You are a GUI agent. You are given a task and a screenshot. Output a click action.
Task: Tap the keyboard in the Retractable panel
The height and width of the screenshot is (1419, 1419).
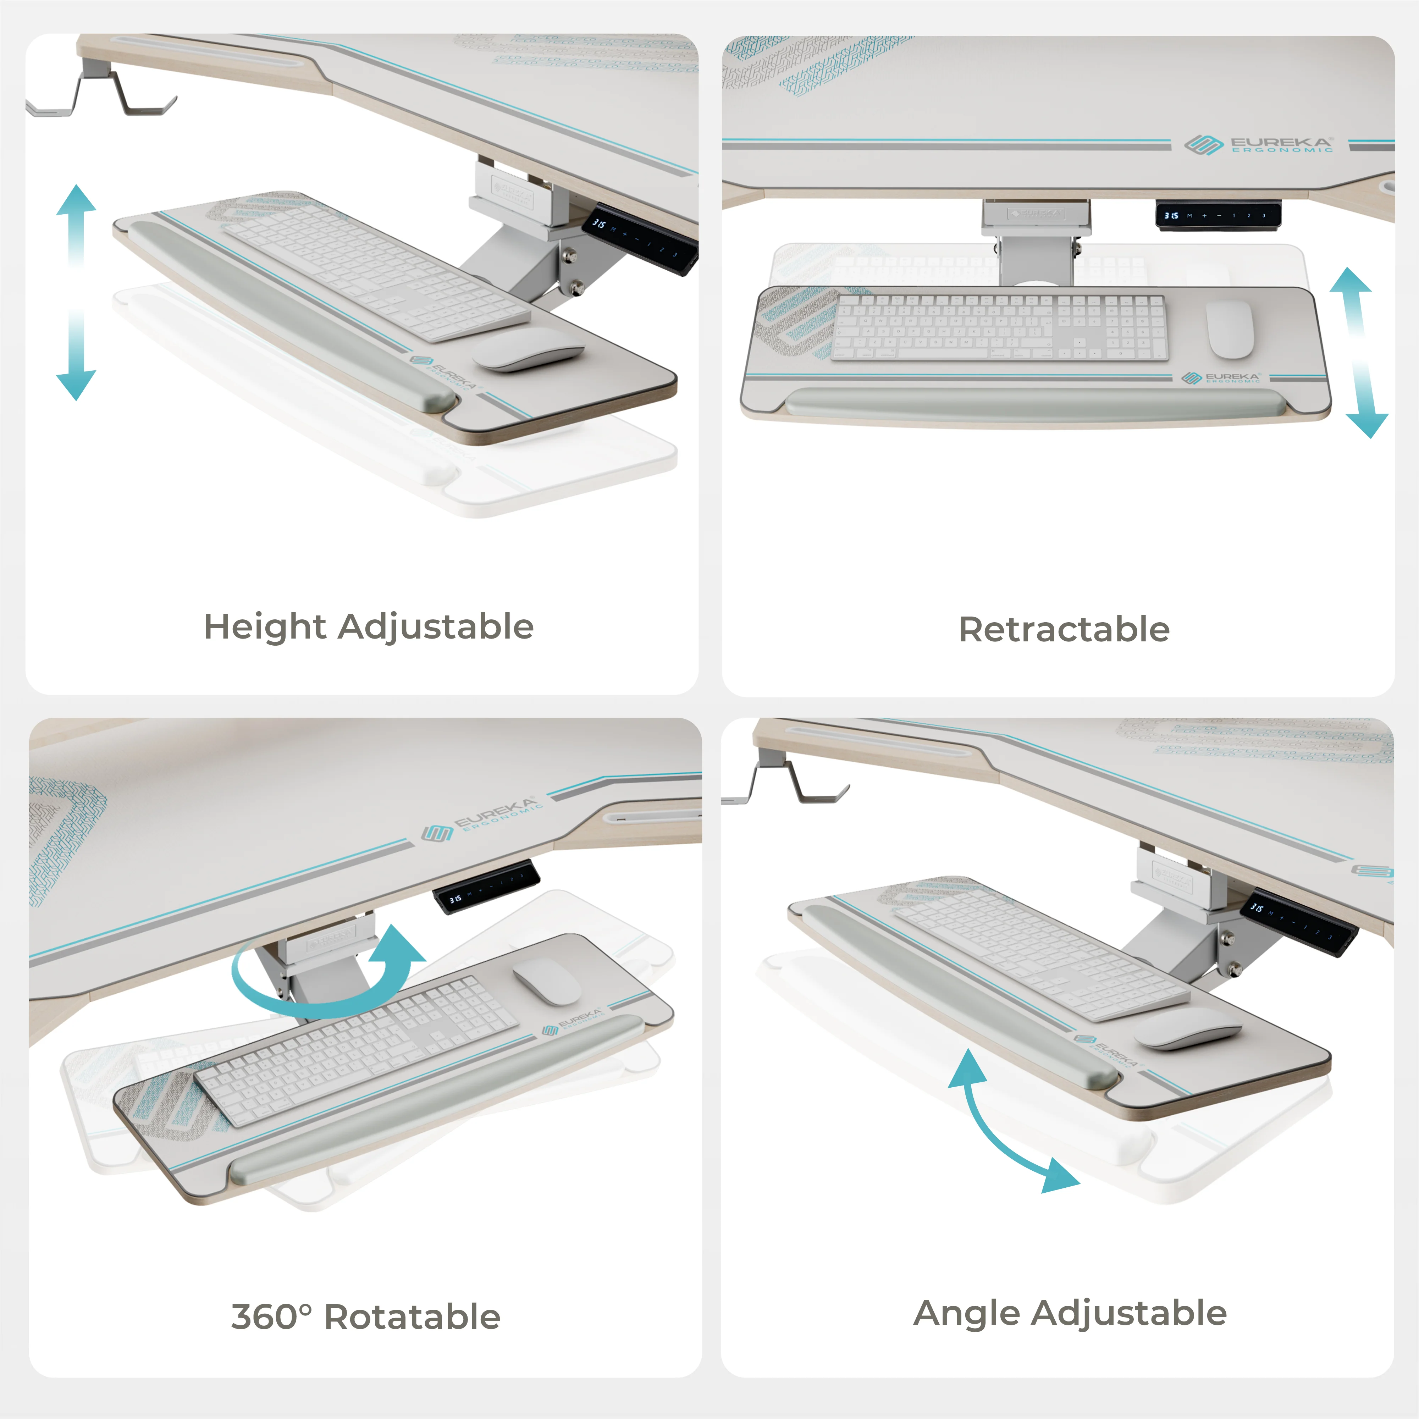coord(999,327)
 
